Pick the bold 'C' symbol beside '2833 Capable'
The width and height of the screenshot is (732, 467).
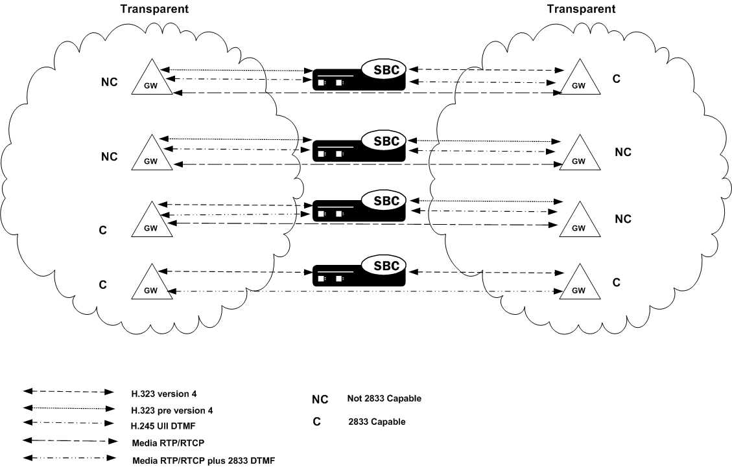[316, 422]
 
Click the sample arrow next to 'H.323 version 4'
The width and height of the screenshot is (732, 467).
[68, 393]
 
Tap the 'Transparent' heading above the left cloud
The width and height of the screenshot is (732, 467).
[154, 9]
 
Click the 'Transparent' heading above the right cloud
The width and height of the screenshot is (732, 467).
[581, 9]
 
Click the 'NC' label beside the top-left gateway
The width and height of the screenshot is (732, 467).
[109, 84]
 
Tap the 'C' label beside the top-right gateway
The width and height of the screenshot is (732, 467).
[617, 79]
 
